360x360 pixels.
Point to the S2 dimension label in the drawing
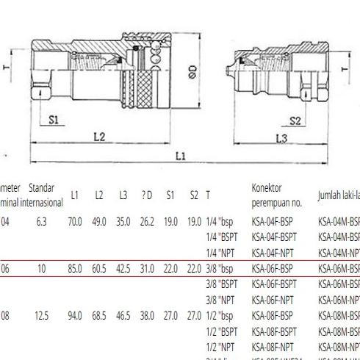pos(295,120)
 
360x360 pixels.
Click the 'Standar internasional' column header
pos(41,195)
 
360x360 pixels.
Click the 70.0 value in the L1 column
pos(75,221)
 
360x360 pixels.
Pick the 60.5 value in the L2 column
pos(99,270)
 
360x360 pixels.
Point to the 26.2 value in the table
pos(147,221)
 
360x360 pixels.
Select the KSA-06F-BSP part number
pos(272,270)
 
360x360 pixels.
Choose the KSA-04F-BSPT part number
pos(274,237)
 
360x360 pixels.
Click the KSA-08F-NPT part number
pos(272,346)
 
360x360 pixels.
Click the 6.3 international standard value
pos(41,221)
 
